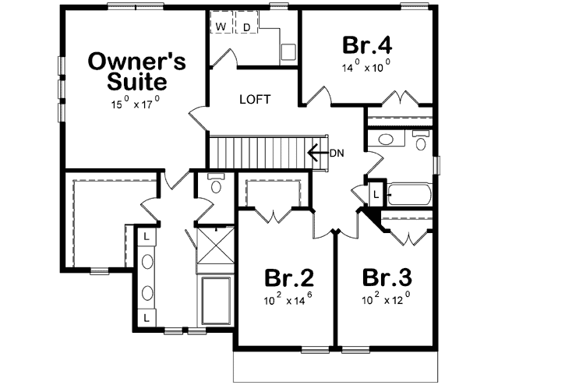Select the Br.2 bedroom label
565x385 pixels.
click(x=288, y=277)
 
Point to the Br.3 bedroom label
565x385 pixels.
click(x=387, y=277)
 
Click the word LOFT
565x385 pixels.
click(x=254, y=99)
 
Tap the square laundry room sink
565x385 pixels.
click(x=288, y=51)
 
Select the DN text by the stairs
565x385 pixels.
click(x=337, y=153)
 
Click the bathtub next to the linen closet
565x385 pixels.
click(x=408, y=194)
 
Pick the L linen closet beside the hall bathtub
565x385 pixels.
click(x=376, y=194)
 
